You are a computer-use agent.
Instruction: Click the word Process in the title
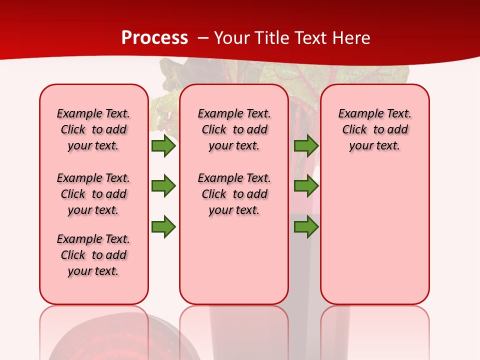tap(154, 37)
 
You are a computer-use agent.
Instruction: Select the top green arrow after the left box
tap(163, 145)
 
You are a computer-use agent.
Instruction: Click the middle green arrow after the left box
tap(163, 186)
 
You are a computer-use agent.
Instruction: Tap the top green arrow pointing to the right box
tap(306, 145)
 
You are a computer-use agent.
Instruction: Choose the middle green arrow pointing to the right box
tap(306, 186)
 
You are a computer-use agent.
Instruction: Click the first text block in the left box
tap(93, 129)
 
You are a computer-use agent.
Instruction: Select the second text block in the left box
tap(93, 194)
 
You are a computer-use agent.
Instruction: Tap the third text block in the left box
tap(93, 255)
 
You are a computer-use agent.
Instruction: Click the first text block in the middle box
tap(234, 129)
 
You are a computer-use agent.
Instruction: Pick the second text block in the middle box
tap(234, 194)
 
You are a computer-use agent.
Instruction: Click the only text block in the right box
tap(374, 129)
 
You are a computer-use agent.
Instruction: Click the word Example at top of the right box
tap(355, 113)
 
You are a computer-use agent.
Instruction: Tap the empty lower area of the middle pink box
tap(234, 260)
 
